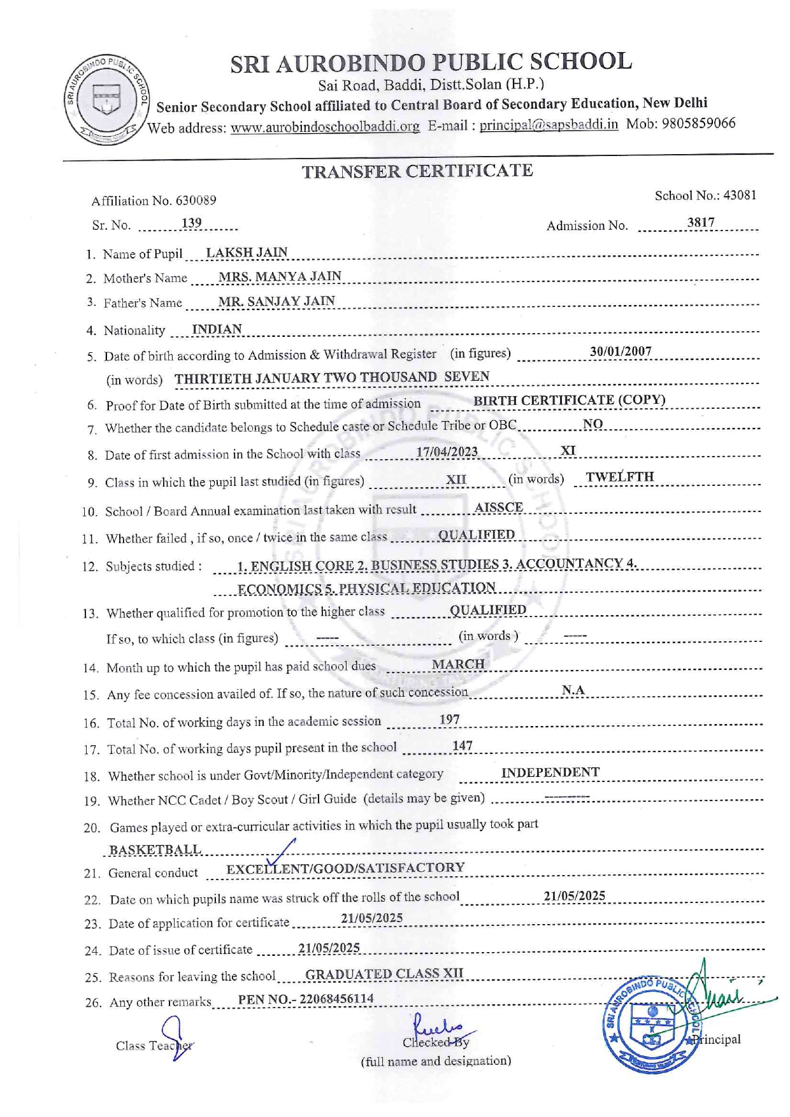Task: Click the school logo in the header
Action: [106, 100]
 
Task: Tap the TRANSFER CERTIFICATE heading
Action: [417, 171]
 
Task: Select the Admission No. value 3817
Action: [701, 222]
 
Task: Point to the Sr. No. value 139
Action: [191, 223]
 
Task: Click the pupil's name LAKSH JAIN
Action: [247, 252]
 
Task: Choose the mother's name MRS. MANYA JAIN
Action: [280, 276]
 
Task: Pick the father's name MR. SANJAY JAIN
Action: [276, 301]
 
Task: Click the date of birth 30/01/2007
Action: [621, 352]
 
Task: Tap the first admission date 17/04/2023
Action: [447, 452]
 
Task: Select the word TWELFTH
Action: [620, 477]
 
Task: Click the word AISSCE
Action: [499, 508]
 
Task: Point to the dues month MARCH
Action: [458, 664]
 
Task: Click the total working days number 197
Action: [449, 720]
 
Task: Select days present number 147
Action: [462, 746]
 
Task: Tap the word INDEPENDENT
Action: [550, 772]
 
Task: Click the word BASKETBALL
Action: [155, 850]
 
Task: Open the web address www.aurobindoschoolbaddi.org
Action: [325, 127]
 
